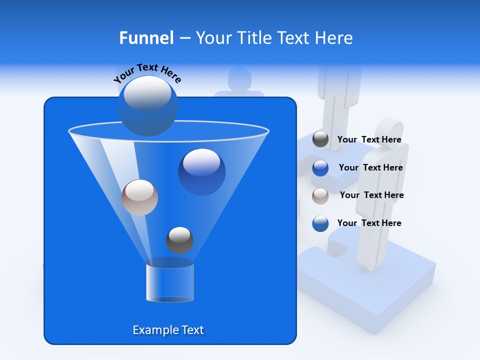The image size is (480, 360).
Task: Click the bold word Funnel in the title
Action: (x=146, y=38)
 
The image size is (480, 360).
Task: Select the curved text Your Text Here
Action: (x=147, y=73)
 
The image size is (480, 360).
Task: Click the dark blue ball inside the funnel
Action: (x=201, y=172)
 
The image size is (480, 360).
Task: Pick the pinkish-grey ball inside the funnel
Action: (x=139, y=197)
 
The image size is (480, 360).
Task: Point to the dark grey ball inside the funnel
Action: (x=179, y=240)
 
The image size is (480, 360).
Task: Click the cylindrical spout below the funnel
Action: (x=169, y=282)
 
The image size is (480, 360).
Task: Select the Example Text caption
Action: (x=168, y=330)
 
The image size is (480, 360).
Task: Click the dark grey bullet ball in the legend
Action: (x=320, y=139)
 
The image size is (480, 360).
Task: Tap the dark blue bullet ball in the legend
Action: (x=320, y=168)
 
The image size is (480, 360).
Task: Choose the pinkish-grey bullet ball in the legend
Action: (x=320, y=195)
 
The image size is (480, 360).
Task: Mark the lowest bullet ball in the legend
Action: (x=320, y=223)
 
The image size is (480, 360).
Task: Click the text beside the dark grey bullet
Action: (x=369, y=140)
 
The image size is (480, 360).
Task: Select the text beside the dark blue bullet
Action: (x=370, y=168)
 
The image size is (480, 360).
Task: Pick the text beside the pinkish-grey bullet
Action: (x=371, y=195)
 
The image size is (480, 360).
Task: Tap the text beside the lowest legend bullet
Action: (x=369, y=223)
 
